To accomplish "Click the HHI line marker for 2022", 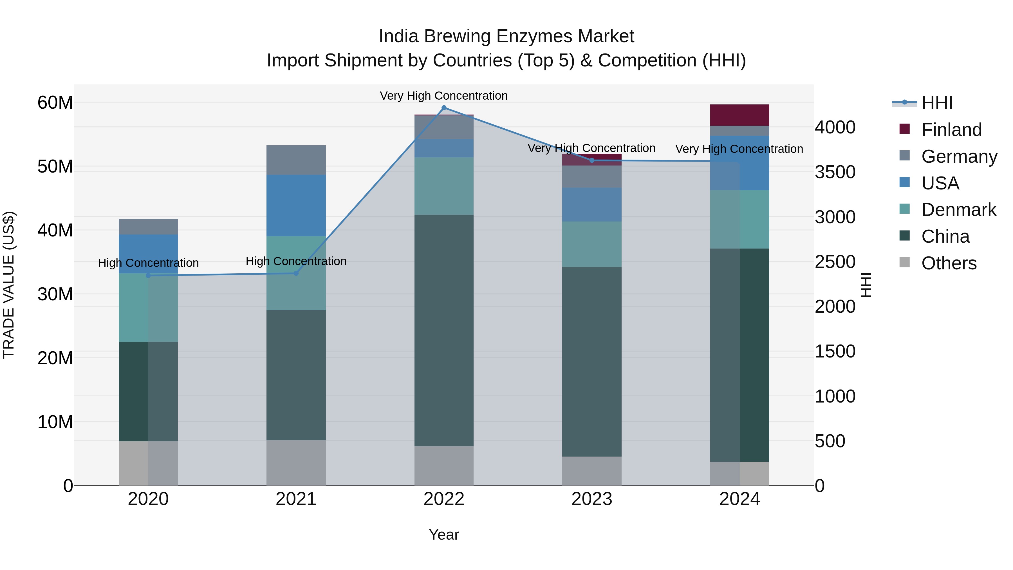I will pyautogui.click(x=444, y=108).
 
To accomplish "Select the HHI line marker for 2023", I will pyautogui.click(x=592, y=160).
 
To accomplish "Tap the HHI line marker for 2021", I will pyautogui.click(x=296, y=273).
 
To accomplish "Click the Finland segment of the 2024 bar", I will pyautogui.click(x=739, y=115).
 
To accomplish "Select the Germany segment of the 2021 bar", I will pyautogui.click(x=296, y=160).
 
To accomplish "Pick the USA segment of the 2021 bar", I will pyautogui.click(x=296, y=205).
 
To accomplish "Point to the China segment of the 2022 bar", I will pyautogui.click(x=444, y=330).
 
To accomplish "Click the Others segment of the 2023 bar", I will pyautogui.click(x=592, y=471).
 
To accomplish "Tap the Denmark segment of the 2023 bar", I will pyautogui.click(x=592, y=244).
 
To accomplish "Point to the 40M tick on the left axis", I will pyautogui.click(x=55, y=230).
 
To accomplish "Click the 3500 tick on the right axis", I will pyautogui.click(x=835, y=172).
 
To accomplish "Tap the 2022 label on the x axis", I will pyautogui.click(x=444, y=499).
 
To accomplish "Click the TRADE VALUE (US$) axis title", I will pyautogui.click(x=9, y=285).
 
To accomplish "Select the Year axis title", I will pyautogui.click(x=444, y=535).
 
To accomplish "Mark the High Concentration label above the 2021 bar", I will pyautogui.click(x=296, y=261).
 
